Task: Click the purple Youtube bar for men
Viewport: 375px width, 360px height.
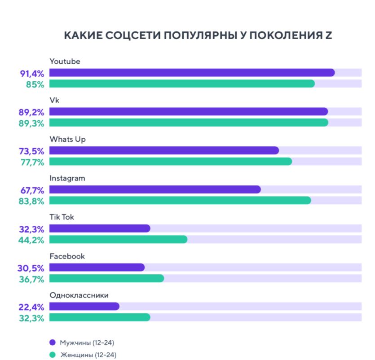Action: (192, 73)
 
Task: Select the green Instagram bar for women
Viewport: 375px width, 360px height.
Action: (180, 200)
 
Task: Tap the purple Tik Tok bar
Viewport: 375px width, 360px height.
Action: (100, 228)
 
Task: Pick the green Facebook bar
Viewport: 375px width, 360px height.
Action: (106, 278)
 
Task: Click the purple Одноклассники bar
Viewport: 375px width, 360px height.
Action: (84, 306)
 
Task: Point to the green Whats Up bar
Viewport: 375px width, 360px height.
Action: (171, 161)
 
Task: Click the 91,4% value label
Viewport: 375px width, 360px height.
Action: (31, 73)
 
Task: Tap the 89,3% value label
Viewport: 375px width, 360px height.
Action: (31, 123)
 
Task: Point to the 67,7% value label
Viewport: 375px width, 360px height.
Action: (31, 189)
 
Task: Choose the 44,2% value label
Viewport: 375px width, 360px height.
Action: (31, 240)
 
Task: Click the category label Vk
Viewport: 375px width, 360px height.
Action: (54, 101)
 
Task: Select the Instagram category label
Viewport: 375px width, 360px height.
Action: (67, 178)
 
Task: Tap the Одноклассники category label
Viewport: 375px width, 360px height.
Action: (79, 295)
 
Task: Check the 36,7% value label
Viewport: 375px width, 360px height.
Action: (31, 279)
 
